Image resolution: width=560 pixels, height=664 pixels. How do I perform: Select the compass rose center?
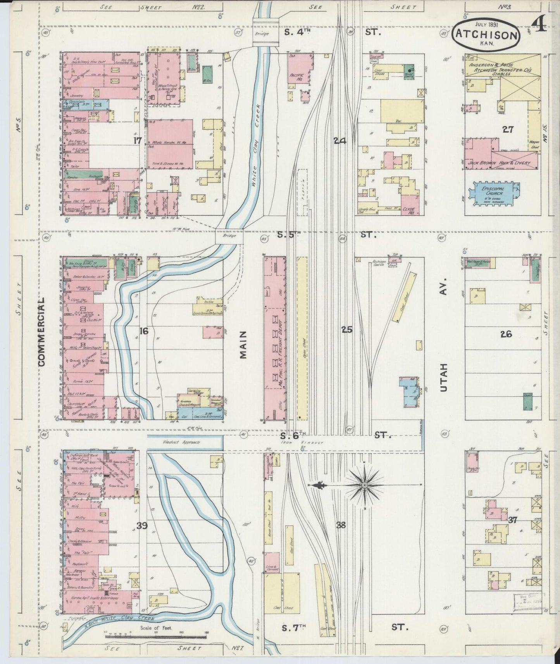click(x=365, y=485)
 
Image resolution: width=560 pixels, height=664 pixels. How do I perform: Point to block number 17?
click(x=136, y=140)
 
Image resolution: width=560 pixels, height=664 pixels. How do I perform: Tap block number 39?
click(x=142, y=525)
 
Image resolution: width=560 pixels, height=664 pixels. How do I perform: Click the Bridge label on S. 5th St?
click(x=229, y=236)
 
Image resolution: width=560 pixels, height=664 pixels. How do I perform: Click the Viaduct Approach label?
click(x=186, y=442)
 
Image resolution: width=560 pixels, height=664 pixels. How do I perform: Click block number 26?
click(x=506, y=334)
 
